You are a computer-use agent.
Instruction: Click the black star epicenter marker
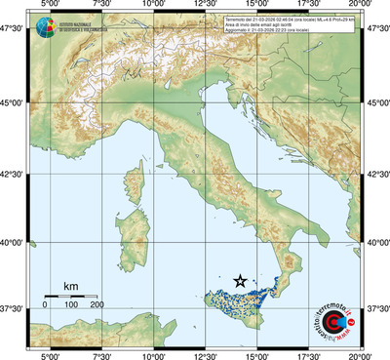point(240,280)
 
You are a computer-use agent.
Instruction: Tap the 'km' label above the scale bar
point(70,286)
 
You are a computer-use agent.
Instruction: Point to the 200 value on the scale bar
point(97,305)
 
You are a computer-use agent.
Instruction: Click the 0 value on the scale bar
point(45,305)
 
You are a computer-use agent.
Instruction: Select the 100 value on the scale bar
point(71,305)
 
